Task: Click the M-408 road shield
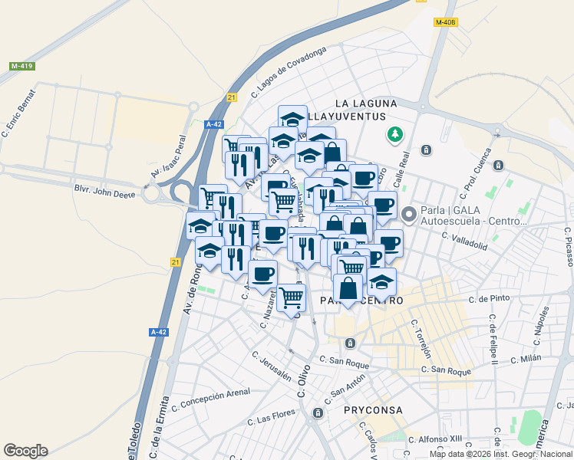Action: pos(445,22)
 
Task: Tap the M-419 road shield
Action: pos(21,67)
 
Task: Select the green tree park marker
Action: pos(395,135)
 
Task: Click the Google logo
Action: pos(25,451)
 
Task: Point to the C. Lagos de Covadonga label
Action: pos(288,73)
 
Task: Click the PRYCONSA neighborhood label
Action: pos(374,410)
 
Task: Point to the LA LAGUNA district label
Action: pos(366,103)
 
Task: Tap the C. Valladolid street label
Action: pos(465,242)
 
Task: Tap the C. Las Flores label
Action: pos(272,419)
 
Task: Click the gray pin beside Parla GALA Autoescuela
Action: pos(409,214)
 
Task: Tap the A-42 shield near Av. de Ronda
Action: pos(158,332)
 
